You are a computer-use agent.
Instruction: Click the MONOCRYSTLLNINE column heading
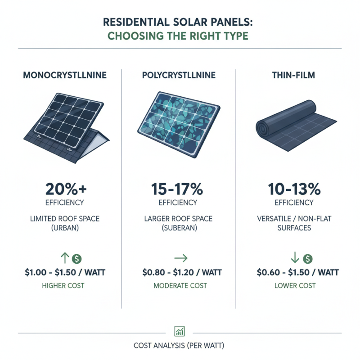(x=64, y=76)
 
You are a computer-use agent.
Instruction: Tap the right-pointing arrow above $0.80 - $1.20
(x=180, y=259)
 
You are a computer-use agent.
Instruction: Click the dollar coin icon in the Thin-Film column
(x=308, y=259)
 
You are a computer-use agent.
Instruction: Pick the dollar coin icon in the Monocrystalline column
(x=76, y=259)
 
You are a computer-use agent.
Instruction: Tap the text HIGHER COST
(x=64, y=285)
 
